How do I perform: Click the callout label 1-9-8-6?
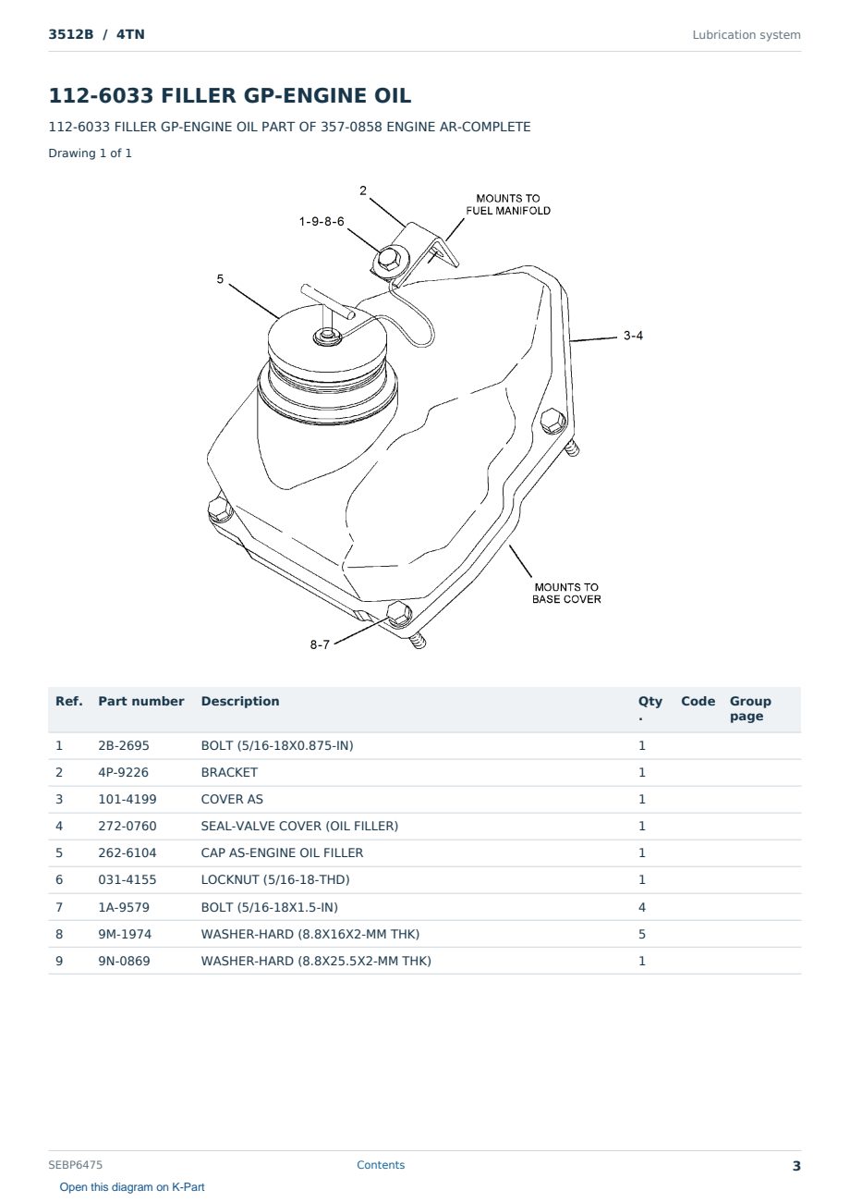click(x=322, y=222)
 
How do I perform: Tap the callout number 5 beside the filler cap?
click(x=220, y=279)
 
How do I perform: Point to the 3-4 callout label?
click(x=633, y=336)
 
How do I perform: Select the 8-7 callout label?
click(x=320, y=644)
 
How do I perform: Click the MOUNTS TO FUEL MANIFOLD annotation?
click(x=508, y=204)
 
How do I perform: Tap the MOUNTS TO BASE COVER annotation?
click(x=566, y=593)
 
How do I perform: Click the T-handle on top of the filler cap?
click(x=327, y=303)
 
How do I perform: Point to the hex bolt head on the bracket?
click(x=387, y=260)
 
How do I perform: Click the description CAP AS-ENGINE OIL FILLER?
click(x=282, y=852)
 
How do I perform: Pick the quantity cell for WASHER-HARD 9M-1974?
click(x=642, y=934)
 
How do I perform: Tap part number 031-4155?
click(x=127, y=879)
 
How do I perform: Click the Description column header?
click(x=240, y=701)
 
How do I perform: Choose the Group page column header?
click(x=750, y=708)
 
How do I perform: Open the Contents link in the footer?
click(x=381, y=1165)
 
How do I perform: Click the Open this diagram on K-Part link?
click(x=132, y=1187)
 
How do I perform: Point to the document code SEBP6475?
click(x=75, y=1165)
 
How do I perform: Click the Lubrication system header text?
click(x=747, y=35)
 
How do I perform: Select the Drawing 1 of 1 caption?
click(x=91, y=153)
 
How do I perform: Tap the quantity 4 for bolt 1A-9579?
click(x=642, y=907)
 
